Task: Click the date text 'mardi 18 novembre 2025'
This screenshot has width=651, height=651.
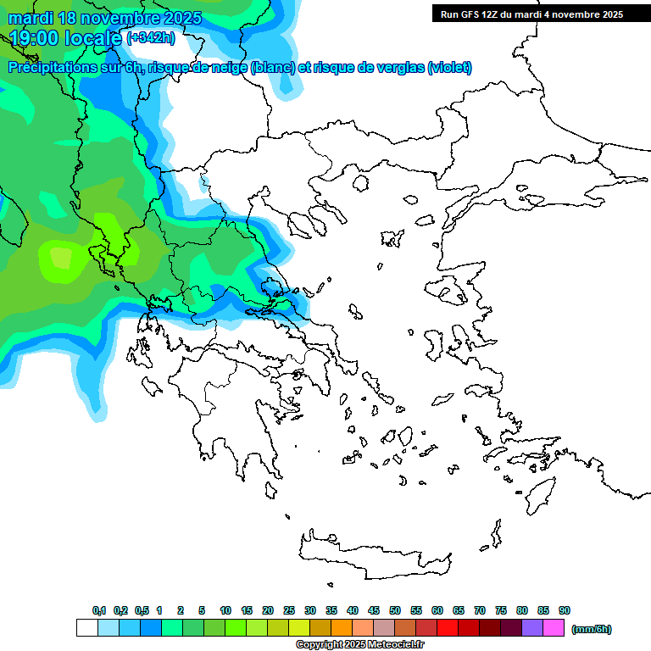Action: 105,18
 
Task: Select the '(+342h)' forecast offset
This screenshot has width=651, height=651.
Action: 153,37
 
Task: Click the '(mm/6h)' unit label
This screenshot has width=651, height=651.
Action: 592,629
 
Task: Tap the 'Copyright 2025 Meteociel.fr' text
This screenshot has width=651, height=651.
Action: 359,645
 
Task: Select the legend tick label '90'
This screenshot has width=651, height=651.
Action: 565,610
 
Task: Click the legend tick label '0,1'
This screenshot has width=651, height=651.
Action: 99,610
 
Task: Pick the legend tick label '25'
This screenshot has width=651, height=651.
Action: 289,610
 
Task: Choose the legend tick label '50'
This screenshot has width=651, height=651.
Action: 395,610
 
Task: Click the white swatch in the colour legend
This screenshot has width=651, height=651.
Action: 87,628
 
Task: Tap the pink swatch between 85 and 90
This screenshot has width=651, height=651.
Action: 554,628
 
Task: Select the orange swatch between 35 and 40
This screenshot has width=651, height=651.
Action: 342,628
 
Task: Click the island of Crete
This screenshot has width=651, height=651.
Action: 373,559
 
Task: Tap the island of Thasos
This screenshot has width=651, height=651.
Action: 361,183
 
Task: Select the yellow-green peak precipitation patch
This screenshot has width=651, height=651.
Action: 61,257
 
